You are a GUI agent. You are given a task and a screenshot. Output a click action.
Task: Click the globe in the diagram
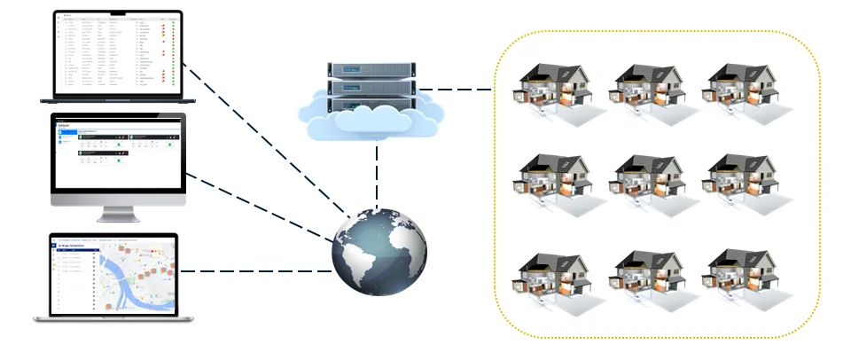pos(379,253)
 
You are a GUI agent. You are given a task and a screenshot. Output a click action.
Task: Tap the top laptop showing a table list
pos(117,55)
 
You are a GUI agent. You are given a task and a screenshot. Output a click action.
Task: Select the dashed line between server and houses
pos(455,90)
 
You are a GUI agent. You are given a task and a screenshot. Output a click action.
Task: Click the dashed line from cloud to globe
pos(379,173)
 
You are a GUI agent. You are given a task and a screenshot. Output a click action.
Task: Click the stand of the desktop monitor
pos(118,214)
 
